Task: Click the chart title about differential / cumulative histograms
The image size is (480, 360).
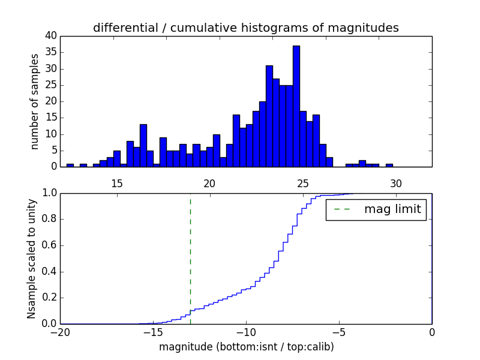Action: (x=245, y=28)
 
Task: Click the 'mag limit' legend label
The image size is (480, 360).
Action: (x=393, y=210)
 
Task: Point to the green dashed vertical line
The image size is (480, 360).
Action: (x=190, y=258)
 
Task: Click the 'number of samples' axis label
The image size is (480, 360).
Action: (x=35, y=101)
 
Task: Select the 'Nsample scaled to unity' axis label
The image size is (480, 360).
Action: (x=31, y=259)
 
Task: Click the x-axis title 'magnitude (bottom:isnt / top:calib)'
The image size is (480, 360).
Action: (x=246, y=347)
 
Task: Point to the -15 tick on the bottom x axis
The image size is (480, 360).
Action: (x=153, y=332)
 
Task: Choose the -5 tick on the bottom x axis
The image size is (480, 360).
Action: (x=339, y=332)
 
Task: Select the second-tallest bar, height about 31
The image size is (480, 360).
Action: (x=269, y=116)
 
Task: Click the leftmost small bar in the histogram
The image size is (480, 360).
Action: (x=70, y=165)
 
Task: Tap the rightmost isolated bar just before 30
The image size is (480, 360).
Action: (x=389, y=165)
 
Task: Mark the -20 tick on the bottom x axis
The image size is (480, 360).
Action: (x=60, y=332)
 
